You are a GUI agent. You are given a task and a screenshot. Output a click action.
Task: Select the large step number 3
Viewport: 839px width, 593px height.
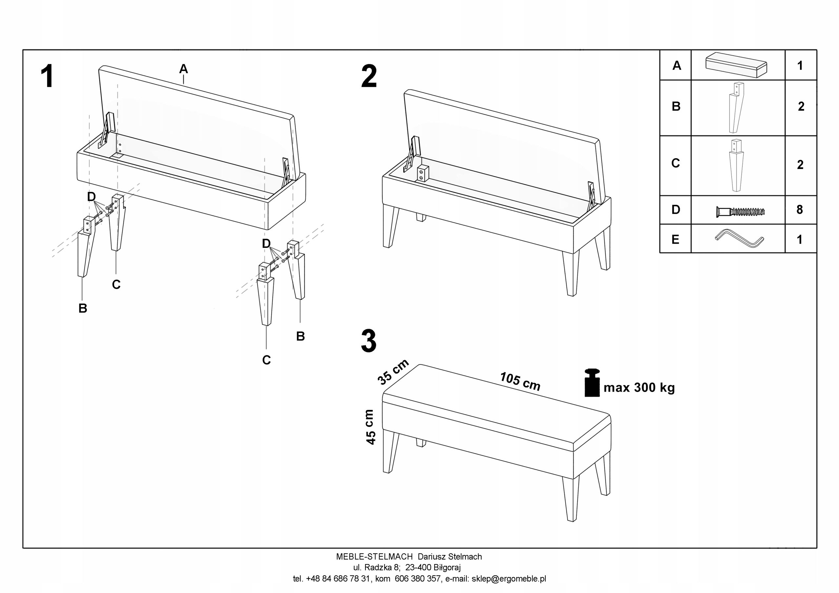click(x=368, y=341)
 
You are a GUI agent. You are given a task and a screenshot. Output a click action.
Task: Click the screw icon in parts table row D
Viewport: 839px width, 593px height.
click(x=740, y=211)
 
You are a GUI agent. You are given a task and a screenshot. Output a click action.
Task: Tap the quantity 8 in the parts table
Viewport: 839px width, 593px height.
click(x=800, y=210)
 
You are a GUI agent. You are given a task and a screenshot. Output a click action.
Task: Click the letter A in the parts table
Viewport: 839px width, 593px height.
click(x=676, y=65)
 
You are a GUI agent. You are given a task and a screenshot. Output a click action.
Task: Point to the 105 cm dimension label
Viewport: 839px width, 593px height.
click(x=520, y=381)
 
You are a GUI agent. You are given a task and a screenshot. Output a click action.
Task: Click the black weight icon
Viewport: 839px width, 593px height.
click(x=592, y=383)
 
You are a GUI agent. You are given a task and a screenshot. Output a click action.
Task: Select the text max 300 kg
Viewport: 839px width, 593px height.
click(x=639, y=387)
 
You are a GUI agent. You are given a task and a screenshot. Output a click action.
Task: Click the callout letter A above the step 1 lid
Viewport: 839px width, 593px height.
click(x=184, y=68)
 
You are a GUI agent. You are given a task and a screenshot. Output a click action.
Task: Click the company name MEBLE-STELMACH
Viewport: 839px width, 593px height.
click(x=374, y=556)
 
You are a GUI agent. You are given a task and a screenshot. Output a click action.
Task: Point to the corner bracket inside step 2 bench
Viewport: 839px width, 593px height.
click(x=423, y=173)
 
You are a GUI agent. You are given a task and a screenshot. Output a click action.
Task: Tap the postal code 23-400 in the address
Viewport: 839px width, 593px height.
click(x=418, y=567)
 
